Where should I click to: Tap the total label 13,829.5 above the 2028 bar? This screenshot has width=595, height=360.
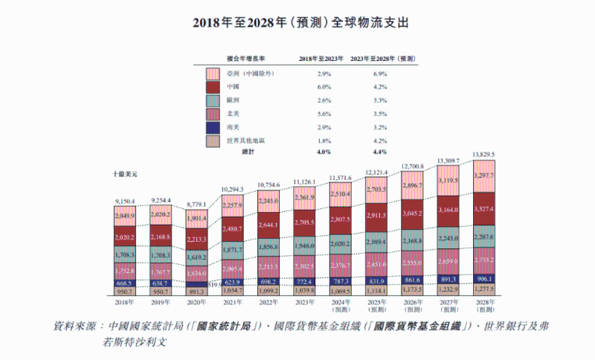coord(482,154)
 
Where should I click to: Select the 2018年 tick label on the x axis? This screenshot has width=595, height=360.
coord(124,302)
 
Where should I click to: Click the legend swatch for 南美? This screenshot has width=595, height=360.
coord(213,127)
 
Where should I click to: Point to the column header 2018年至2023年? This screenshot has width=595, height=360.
coord(321,58)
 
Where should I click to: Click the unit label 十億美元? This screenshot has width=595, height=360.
coord(126,173)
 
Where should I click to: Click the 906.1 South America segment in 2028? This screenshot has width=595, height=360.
coord(482,278)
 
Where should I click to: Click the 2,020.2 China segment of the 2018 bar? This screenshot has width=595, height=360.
coord(124,238)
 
